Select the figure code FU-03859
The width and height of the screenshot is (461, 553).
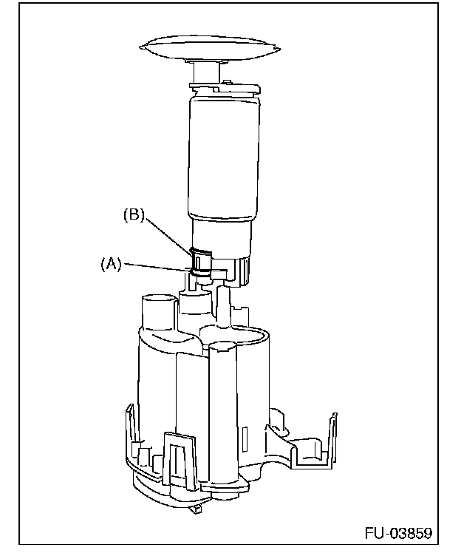[398, 533]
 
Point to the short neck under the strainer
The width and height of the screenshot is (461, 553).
[205, 74]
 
